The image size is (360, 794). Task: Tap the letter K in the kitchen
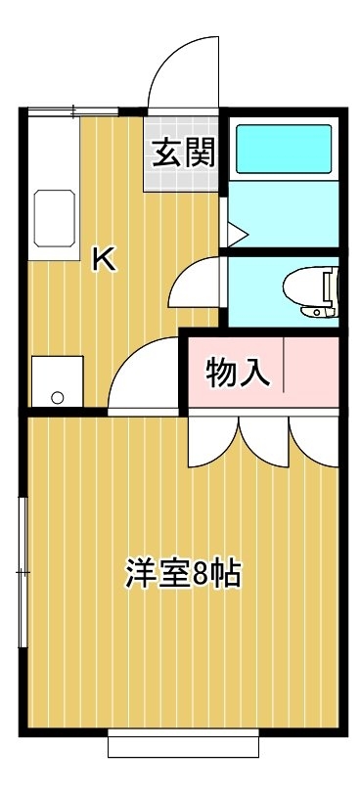click(x=105, y=259)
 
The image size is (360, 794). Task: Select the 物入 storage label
click(x=237, y=374)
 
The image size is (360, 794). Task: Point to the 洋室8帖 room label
click(x=183, y=573)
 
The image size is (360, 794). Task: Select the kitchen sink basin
click(x=55, y=218)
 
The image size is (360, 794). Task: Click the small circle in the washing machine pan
click(x=58, y=398)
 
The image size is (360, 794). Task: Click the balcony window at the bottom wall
click(x=183, y=743)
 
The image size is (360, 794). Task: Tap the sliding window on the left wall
click(x=22, y=572)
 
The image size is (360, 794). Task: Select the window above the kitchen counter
click(x=72, y=111)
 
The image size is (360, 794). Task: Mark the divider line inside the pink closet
click(x=284, y=364)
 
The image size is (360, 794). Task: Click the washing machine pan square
click(x=57, y=381)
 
